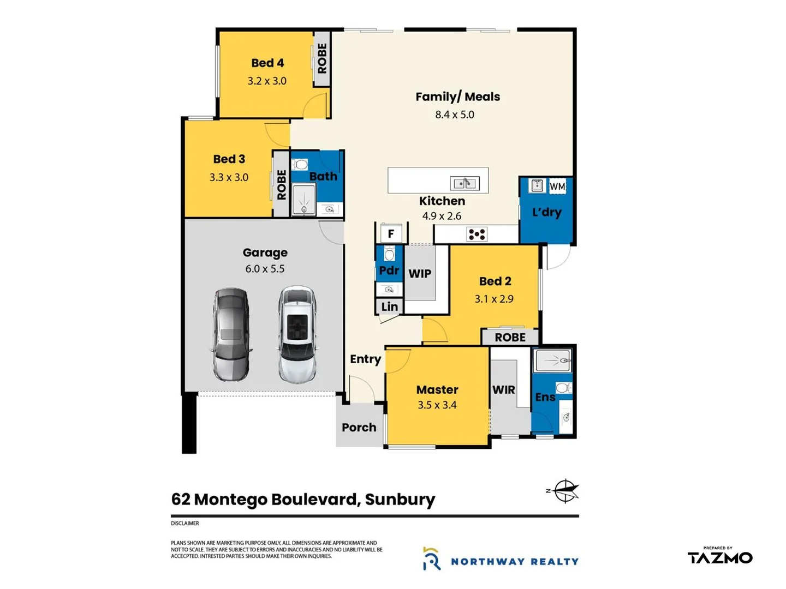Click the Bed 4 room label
[267, 63]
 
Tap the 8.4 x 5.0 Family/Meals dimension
[455, 115]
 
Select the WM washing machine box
[557, 187]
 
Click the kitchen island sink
[465, 183]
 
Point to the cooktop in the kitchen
[477, 235]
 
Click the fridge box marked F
[391, 234]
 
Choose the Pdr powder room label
[389, 271]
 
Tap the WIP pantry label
[420, 274]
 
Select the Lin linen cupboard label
[389, 307]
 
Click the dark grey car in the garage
[231, 334]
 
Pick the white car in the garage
[297, 334]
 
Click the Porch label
[359, 428]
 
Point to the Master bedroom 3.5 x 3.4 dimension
[437, 405]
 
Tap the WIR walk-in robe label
[503, 390]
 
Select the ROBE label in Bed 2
[510, 338]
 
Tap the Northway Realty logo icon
[431, 559]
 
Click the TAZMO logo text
[720, 558]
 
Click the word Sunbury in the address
[400, 500]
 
